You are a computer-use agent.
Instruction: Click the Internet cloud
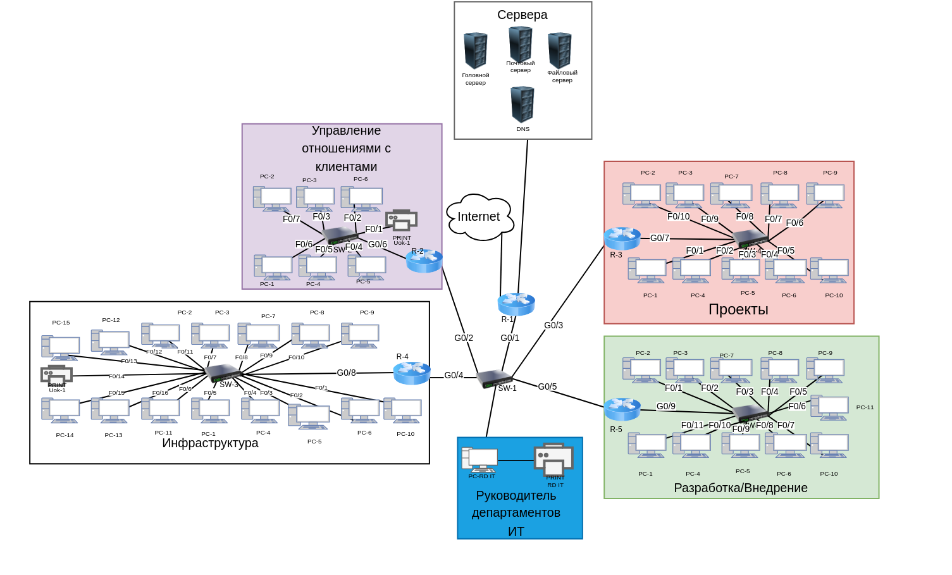(479, 217)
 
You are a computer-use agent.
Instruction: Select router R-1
(516, 304)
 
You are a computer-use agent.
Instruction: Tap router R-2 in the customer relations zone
(424, 261)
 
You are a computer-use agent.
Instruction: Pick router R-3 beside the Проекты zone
(622, 238)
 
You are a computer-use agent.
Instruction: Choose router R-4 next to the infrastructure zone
(412, 373)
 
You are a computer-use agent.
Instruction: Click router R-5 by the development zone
(622, 409)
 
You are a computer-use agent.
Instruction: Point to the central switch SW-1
(494, 378)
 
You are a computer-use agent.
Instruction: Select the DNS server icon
(522, 104)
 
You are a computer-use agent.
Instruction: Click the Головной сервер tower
(475, 51)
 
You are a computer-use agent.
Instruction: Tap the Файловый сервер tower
(560, 51)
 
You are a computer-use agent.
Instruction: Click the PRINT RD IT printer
(553, 459)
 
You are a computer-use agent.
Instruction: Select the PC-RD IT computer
(480, 460)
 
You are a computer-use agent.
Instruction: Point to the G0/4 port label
(454, 375)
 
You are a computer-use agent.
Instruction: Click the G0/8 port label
(346, 373)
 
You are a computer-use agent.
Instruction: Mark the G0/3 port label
(553, 325)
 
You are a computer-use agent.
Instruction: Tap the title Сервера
(522, 15)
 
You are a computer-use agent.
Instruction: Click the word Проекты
(738, 309)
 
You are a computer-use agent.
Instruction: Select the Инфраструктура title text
(210, 443)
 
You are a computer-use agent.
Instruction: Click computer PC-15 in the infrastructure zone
(61, 347)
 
